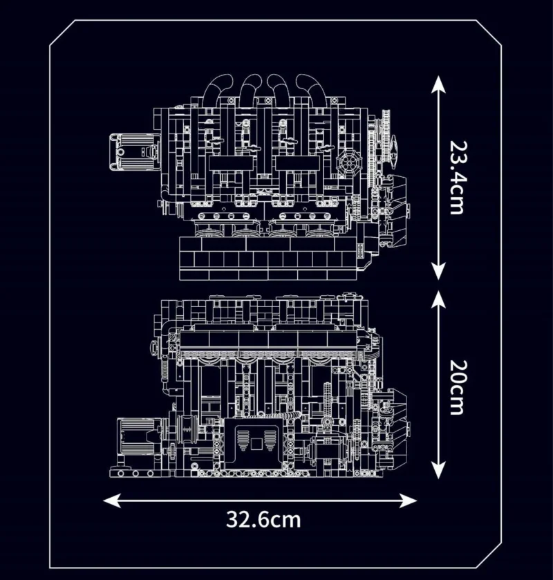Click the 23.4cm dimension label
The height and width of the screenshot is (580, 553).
[x=456, y=178]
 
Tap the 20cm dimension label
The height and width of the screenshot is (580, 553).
[x=456, y=387]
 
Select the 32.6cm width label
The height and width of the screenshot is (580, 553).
[x=263, y=519]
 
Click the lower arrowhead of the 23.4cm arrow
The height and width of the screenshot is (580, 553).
[x=438, y=272]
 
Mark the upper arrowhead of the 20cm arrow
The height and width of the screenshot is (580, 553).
[x=438, y=298]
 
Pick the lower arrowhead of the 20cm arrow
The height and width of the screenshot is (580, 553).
[x=438, y=471]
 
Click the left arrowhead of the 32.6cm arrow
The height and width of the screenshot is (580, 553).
[x=111, y=501]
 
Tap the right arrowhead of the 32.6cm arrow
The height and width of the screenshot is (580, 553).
[x=409, y=501]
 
